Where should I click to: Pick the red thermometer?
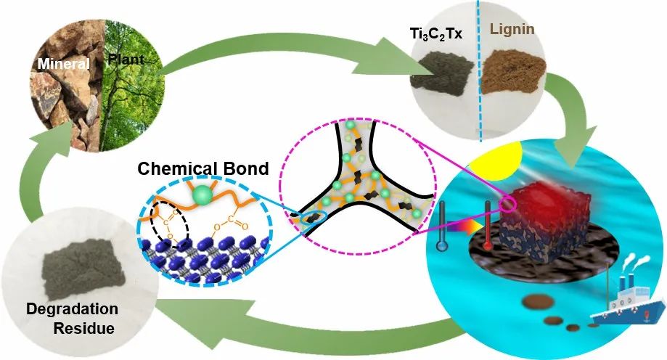(488, 226)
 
